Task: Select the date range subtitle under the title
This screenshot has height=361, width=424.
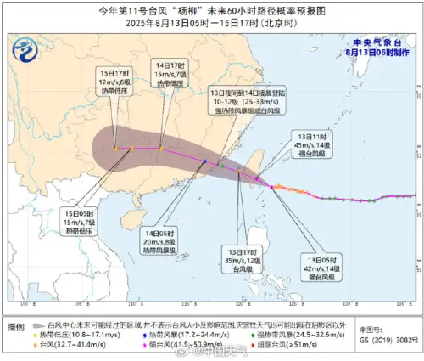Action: tap(212, 23)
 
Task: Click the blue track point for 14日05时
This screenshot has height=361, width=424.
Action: tap(204, 162)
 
